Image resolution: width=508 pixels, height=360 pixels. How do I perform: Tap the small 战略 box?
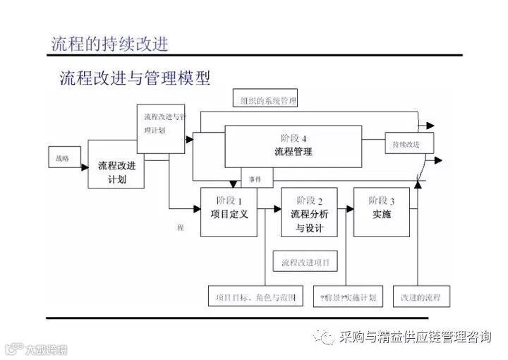(x=62, y=157)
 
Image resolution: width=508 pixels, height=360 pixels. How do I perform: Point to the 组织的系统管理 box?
(x=264, y=100)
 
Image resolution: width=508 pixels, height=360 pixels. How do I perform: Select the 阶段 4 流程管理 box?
(x=293, y=146)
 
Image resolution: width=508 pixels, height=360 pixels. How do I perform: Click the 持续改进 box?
(x=409, y=144)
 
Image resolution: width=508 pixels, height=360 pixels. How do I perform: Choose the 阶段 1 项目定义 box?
(x=229, y=211)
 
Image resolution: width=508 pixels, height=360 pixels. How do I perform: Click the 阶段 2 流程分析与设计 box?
(x=309, y=212)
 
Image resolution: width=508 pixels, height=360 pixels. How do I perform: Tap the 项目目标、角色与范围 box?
(x=255, y=296)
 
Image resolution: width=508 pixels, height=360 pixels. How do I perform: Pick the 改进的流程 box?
(x=420, y=296)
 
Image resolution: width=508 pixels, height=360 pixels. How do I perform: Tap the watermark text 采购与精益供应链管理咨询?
(x=415, y=337)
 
